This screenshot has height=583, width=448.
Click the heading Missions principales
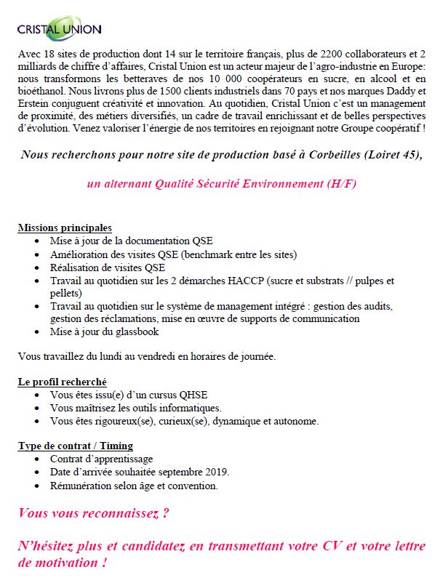click(x=65, y=228)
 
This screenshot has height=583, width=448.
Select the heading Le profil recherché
click(x=62, y=382)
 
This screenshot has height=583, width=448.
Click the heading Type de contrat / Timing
click(x=75, y=446)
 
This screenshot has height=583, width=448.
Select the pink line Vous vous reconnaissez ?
click(x=93, y=513)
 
